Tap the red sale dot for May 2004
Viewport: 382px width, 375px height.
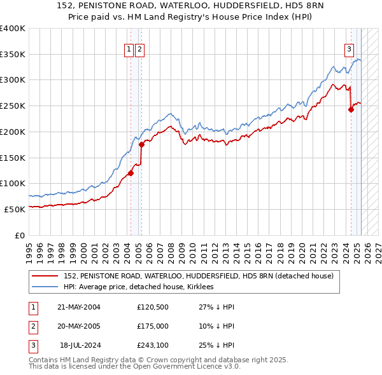click(x=131, y=172)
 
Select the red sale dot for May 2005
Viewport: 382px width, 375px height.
click(x=141, y=144)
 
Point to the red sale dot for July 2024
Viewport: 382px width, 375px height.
click(x=351, y=109)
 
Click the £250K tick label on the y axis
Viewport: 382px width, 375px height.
click(x=12, y=106)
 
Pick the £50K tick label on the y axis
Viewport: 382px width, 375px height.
click(x=15, y=209)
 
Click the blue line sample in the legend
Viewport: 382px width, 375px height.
click(x=45, y=287)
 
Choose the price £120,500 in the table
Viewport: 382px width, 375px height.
click(x=153, y=307)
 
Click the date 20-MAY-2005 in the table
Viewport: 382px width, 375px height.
click(x=79, y=326)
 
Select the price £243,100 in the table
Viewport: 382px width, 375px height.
click(x=153, y=345)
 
